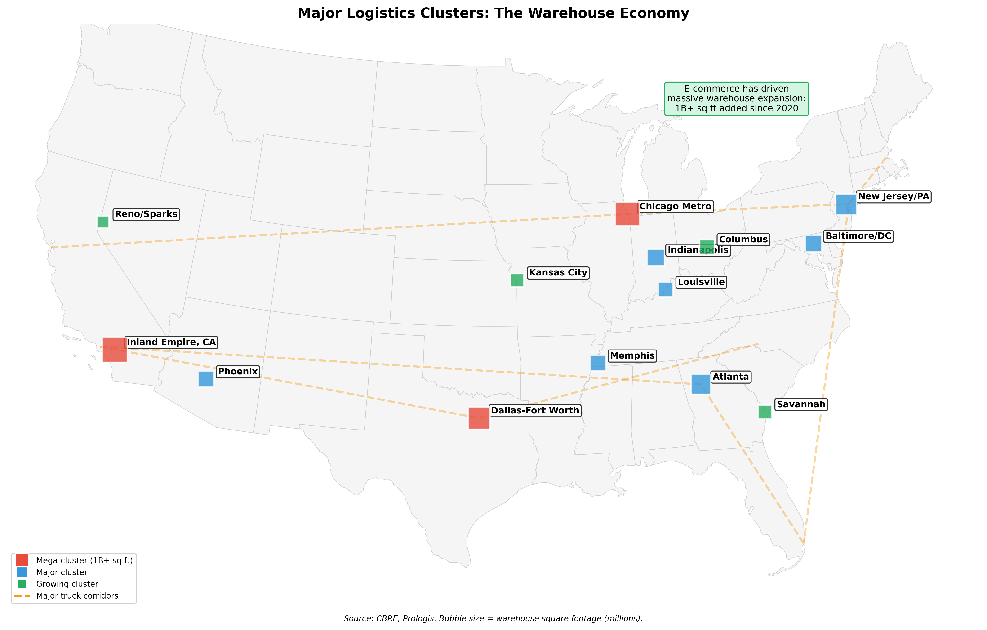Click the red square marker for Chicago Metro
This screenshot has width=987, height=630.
click(x=627, y=213)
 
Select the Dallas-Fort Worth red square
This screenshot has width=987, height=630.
click(x=479, y=418)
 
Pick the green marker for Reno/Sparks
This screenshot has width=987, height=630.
click(x=103, y=222)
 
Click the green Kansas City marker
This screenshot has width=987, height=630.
click(x=517, y=280)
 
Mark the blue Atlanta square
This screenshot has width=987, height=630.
click(x=701, y=385)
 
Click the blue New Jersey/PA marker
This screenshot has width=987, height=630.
click(x=846, y=204)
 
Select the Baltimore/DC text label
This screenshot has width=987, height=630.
click(x=858, y=236)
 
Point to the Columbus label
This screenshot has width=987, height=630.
click(x=743, y=239)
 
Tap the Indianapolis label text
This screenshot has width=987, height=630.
click(x=698, y=250)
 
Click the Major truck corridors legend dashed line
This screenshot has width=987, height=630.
click(x=22, y=596)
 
